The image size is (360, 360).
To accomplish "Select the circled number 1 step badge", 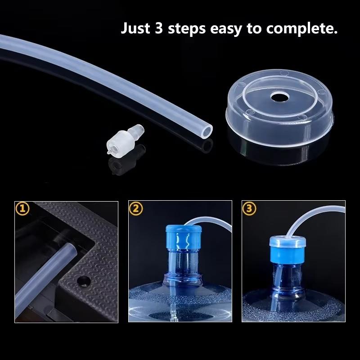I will tap(22, 208).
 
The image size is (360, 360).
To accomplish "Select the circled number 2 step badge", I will tap(135, 208).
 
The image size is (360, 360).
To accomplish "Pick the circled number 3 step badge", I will tap(249, 208).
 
